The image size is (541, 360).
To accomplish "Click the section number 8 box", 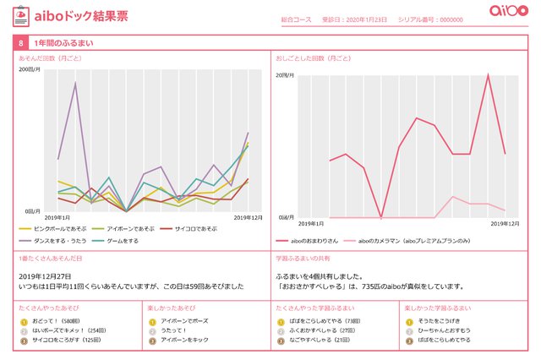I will tap(19, 41).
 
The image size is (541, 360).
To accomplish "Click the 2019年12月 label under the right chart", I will tap(505, 224).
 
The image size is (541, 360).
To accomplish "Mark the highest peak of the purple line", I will tap(75, 82).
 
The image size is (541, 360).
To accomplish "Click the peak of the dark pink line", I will tap(488, 74).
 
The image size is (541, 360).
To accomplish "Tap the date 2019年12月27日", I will tap(45, 276).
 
